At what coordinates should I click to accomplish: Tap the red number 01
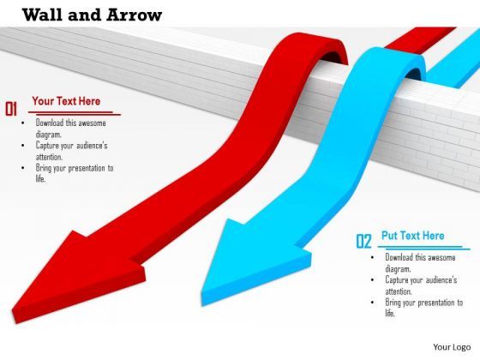pyautogui.click(x=12, y=108)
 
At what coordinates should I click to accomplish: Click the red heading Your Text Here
pyautogui.click(x=66, y=101)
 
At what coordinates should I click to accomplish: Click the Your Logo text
pyautogui.click(x=451, y=347)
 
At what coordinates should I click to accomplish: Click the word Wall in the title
pyautogui.click(x=41, y=14)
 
